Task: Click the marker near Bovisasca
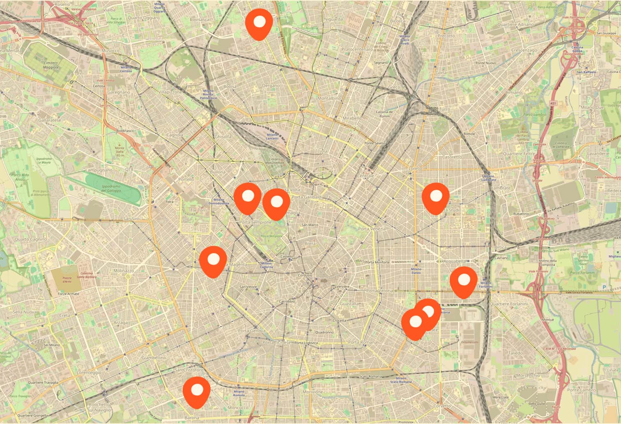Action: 259,23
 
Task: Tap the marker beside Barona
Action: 197,392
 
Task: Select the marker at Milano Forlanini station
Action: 464,281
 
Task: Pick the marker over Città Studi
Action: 436,198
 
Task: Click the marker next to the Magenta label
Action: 213,261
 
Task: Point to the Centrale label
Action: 366,176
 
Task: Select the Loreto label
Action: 415,169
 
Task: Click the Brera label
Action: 310,244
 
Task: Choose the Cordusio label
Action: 305,275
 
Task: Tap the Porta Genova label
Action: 252,331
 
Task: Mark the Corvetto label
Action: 442,406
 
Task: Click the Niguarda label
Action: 333,19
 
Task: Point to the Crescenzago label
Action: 524,50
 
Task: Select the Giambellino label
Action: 154,357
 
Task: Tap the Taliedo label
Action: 515,353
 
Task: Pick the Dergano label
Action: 271,85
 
